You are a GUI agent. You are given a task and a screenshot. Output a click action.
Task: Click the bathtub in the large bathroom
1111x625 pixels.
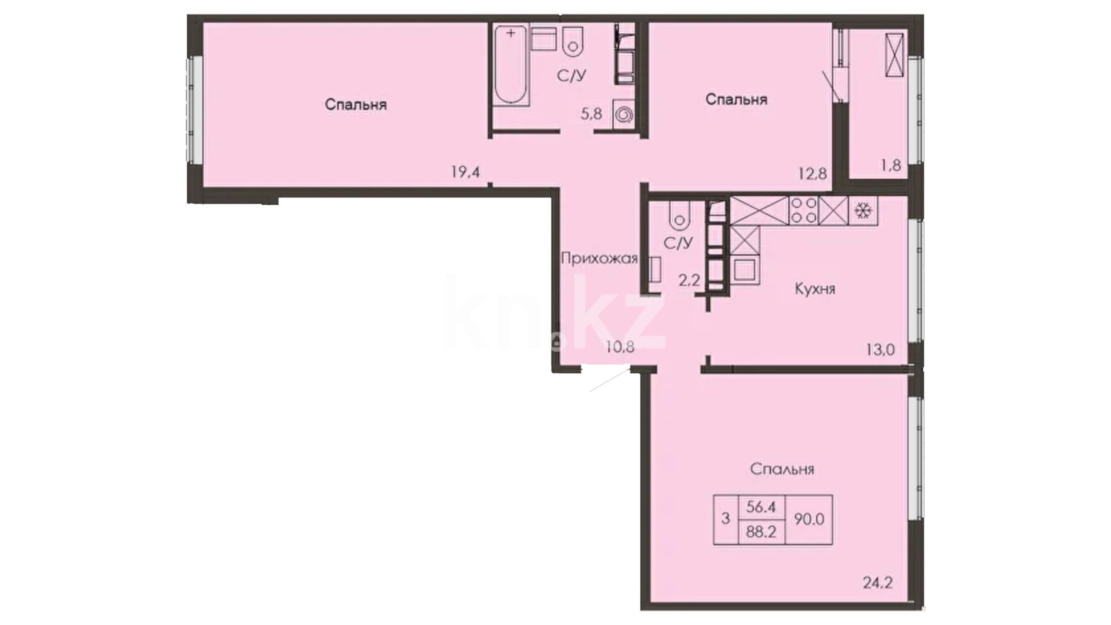point(512,65)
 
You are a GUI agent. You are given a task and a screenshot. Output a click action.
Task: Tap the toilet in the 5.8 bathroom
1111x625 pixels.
point(573,41)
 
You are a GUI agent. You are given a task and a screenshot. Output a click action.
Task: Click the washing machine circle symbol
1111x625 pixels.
point(623,115)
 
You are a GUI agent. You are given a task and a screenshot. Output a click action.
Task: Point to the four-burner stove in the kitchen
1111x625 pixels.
point(804,211)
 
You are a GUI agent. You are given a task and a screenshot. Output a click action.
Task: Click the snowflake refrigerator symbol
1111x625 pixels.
point(863,211)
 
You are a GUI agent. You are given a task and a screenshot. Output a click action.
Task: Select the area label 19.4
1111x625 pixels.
point(466,171)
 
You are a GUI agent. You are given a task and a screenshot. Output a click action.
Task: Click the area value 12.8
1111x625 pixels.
point(812,173)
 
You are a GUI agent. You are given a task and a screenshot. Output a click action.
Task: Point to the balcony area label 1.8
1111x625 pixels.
point(891,165)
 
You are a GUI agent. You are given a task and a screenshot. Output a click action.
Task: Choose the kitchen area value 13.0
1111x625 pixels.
point(880,349)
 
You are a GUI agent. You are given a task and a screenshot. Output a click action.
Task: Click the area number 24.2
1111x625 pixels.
point(878,582)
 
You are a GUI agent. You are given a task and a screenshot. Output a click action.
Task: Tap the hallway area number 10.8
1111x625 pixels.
point(620,347)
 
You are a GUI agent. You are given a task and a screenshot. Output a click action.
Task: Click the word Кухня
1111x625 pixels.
point(815,289)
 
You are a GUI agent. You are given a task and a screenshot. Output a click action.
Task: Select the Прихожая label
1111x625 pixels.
point(599,258)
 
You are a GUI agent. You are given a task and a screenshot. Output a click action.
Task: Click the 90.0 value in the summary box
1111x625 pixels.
point(809,519)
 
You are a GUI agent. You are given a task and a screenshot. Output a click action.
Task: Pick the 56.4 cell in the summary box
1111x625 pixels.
point(761,507)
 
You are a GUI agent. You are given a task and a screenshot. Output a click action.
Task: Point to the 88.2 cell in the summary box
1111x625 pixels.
point(761,531)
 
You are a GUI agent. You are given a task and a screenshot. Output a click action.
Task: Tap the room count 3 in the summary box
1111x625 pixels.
point(726,519)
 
